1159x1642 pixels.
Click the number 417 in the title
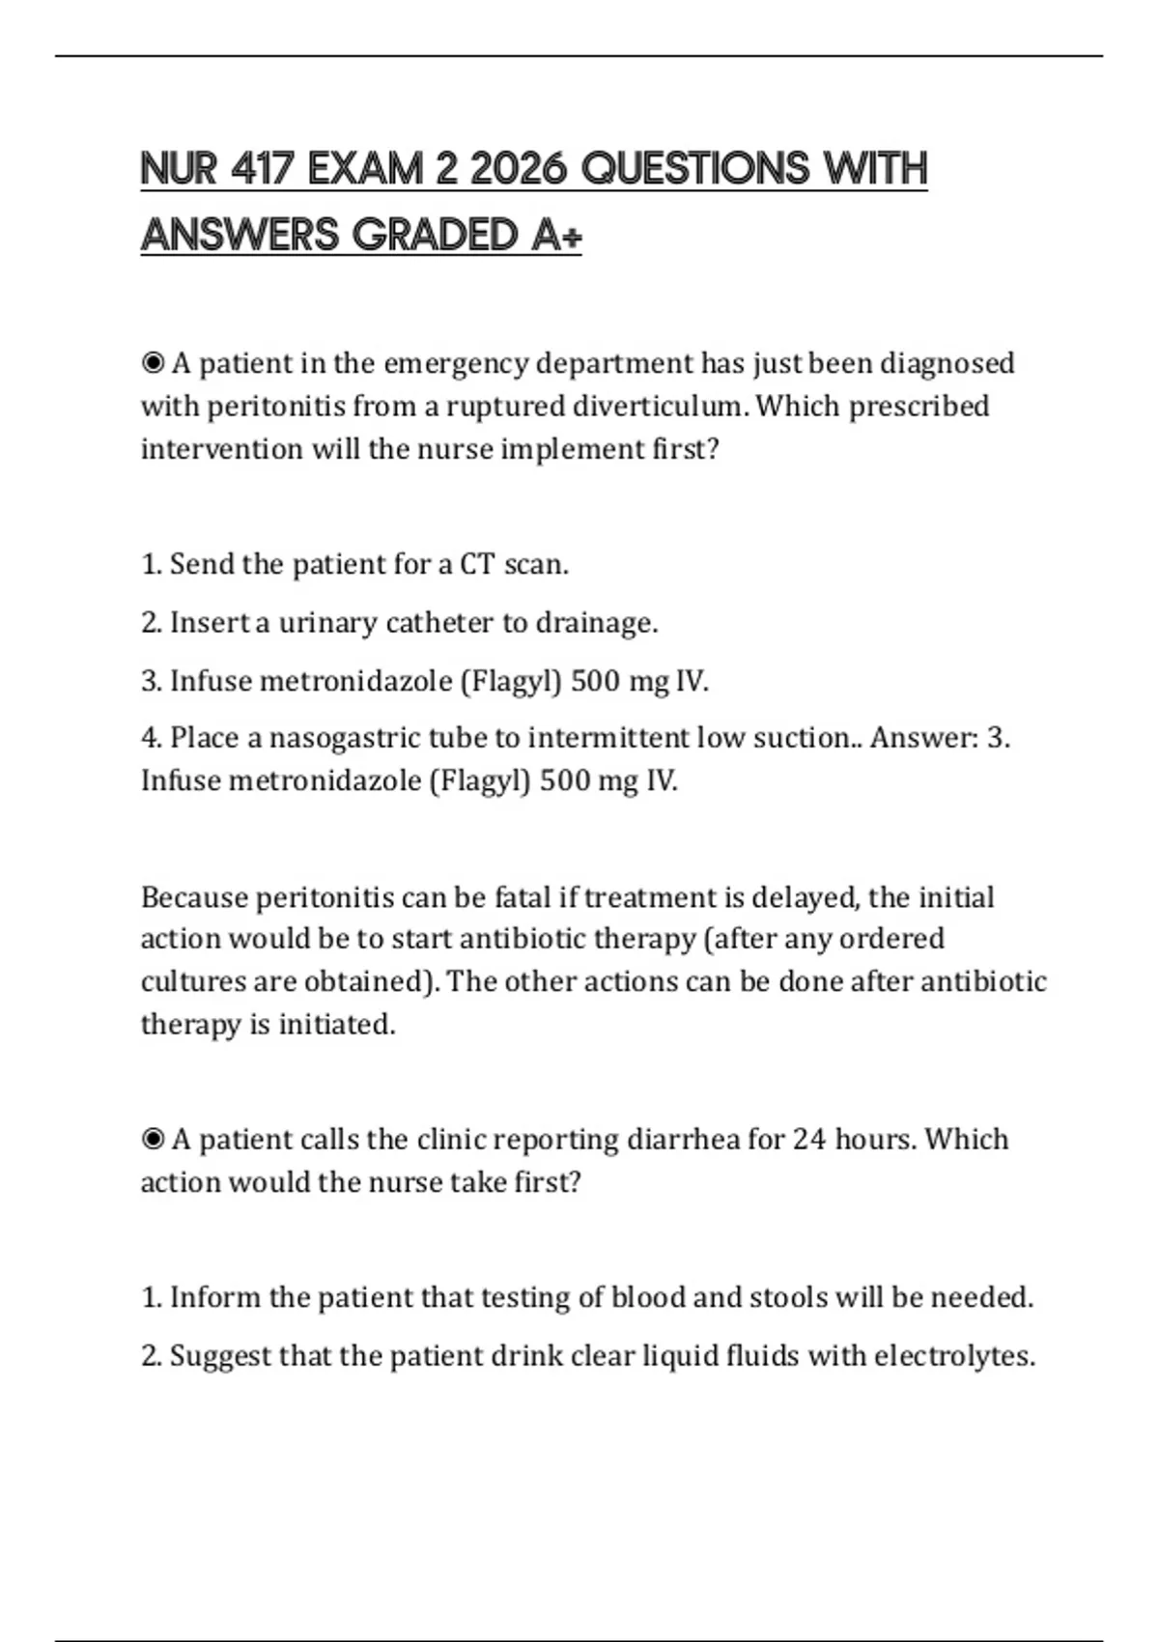[x=262, y=169]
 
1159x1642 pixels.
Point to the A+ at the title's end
[x=556, y=235]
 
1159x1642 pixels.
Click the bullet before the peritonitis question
[x=153, y=364]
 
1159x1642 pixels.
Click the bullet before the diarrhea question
[x=153, y=1140]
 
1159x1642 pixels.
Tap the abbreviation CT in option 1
[x=477, y=564]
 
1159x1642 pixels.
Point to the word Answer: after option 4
[x=924, y=738]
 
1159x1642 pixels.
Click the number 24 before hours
[x=809, y=1140]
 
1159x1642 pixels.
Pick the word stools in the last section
[x=783, y=1297]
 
